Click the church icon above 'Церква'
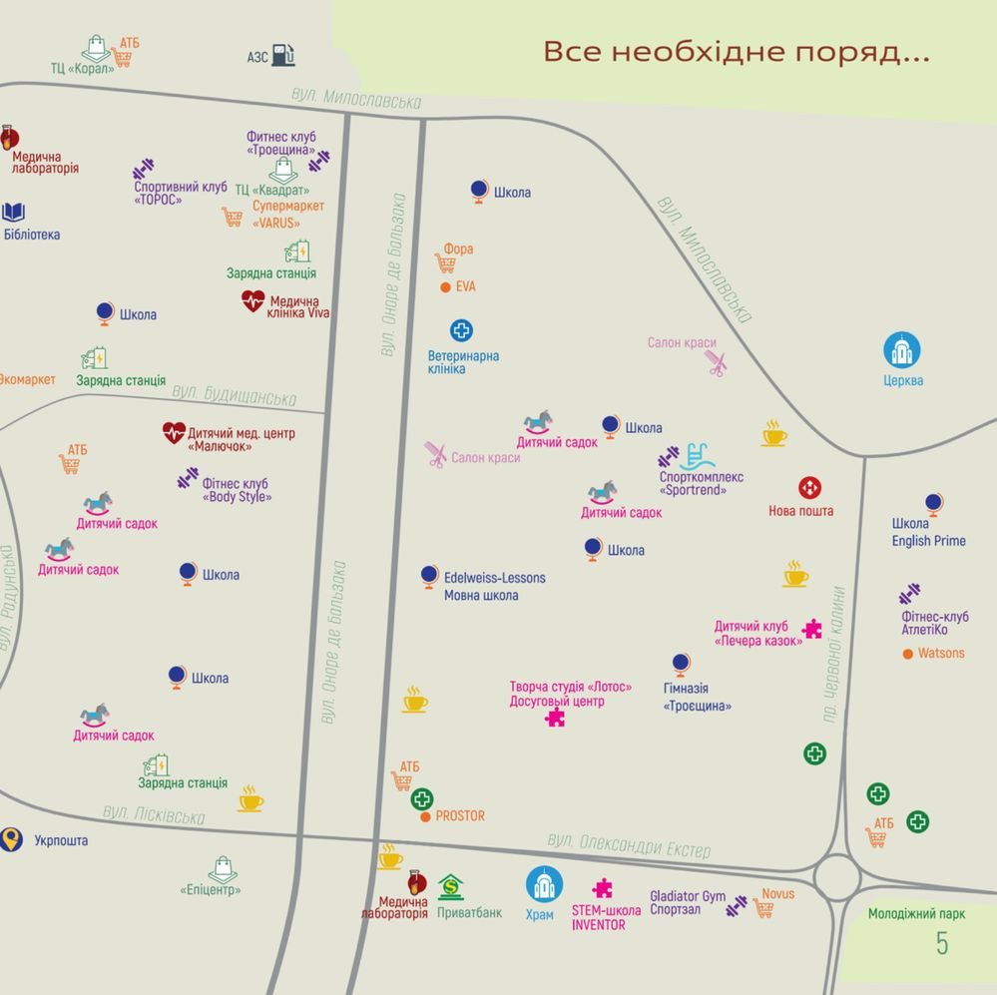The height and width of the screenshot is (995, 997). (901, 350)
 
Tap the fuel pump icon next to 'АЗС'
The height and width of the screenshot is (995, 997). (283, 56)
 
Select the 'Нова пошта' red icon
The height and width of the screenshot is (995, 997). (809, 488)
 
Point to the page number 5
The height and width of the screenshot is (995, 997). (941, 943)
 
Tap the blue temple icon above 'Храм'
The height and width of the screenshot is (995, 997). (544, 884)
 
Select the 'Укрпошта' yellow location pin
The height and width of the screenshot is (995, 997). (11, 839)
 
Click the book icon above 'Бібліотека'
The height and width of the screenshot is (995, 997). (13, 212)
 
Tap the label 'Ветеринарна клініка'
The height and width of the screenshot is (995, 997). (463, 362)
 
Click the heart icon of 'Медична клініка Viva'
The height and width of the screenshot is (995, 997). (252, 300)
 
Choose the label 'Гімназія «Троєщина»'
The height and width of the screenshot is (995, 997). (697, 697)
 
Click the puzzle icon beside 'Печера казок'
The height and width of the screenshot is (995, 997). (812, 629)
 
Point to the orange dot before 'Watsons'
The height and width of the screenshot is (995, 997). (907, 654)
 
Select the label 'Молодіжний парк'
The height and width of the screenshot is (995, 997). (915, 913)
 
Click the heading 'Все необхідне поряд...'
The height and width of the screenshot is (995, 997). (736, 52)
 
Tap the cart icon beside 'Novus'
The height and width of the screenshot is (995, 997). (763, 907)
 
